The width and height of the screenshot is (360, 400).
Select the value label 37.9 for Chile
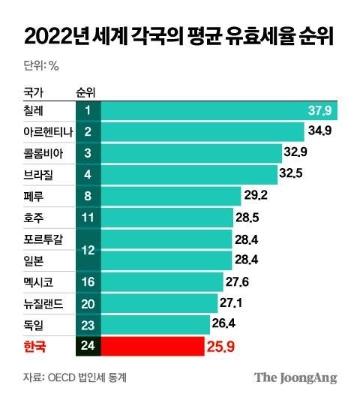point(320,110)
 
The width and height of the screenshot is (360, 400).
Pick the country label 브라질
point(38,175)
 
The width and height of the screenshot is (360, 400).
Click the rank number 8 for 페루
point(88,197)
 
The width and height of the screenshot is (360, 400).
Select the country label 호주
point(34,218)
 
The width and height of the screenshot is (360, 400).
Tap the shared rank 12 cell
point(88,251)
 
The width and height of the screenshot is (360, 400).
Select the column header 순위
point(87,92)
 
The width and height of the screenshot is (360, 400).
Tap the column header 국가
point(34,92)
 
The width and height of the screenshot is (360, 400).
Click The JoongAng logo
point(295,377)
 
